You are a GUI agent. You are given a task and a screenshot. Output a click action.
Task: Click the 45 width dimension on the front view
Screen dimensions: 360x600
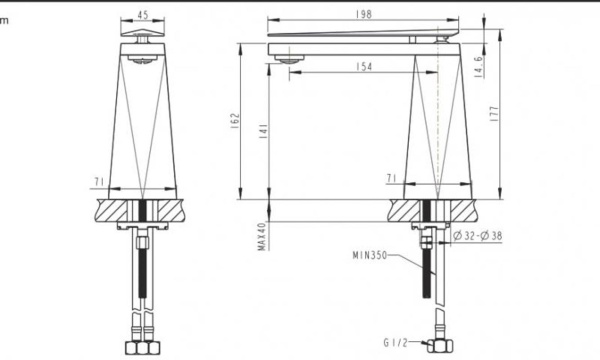143,15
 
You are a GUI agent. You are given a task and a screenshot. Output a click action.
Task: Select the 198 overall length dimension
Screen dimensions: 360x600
361,15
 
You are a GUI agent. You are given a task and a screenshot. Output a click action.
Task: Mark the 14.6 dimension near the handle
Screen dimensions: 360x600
479,67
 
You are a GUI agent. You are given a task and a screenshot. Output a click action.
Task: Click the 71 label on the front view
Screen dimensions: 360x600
99,181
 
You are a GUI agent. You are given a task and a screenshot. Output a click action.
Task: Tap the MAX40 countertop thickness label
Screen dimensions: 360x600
262,237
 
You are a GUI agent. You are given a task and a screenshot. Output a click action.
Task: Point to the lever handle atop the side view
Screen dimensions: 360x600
360,38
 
